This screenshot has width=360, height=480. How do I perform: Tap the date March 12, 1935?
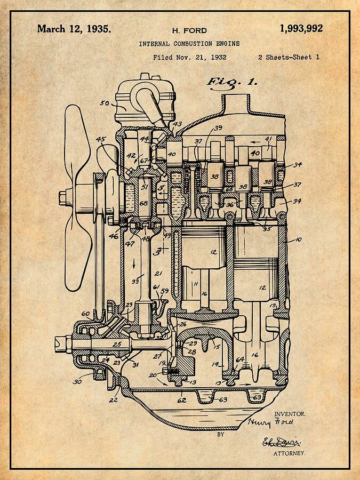(74, 29)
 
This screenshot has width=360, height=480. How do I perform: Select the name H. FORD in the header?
(189, 30)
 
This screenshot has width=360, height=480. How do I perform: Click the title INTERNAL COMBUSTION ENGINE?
(189, 44)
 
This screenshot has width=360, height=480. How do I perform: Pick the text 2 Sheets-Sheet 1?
(289, 57)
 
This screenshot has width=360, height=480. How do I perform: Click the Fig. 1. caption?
(232, 82)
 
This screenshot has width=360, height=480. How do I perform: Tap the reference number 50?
(105, 103)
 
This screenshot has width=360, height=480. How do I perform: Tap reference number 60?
(85, 314)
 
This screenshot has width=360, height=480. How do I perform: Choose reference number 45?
(101, 140)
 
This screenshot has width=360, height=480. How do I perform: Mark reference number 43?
(178, 124)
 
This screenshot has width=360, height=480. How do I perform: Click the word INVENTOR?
(290, 414)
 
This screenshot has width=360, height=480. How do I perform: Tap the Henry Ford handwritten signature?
(270, 422)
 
